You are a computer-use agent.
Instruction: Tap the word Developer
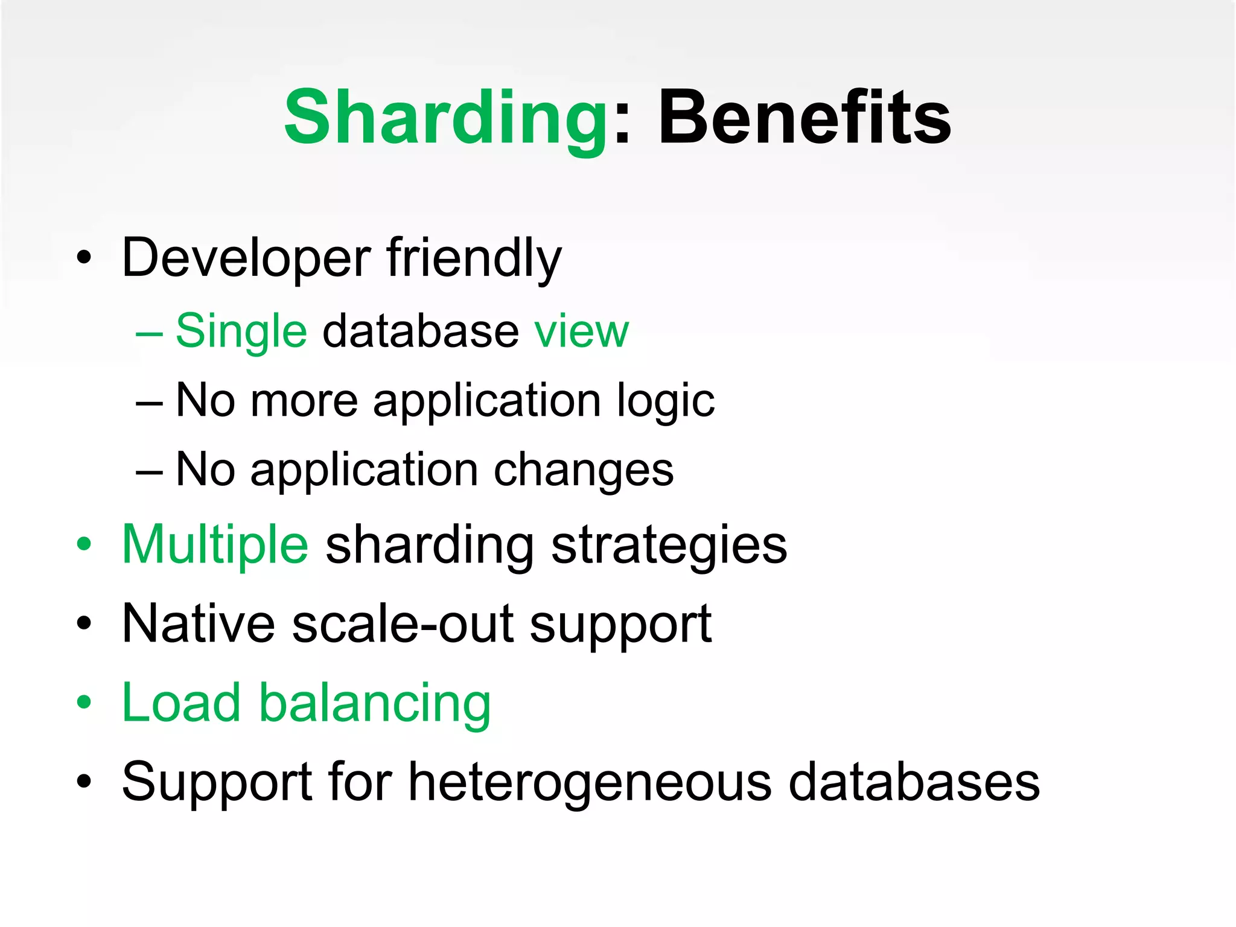coord(246,258)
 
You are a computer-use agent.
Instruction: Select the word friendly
coord(474,258)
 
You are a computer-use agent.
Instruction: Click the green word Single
coord(241,331)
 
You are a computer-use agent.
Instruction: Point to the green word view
coord(581,331)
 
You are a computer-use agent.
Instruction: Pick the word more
coord(304,401)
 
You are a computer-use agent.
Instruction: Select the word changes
coord(583,470)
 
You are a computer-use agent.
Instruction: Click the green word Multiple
coord(215,545)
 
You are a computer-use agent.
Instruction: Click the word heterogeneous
coord(590,782)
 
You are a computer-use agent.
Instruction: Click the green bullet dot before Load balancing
coord(84,702)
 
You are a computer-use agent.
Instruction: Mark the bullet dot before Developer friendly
coord(84,258)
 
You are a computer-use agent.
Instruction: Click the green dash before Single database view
coord(149,333)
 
